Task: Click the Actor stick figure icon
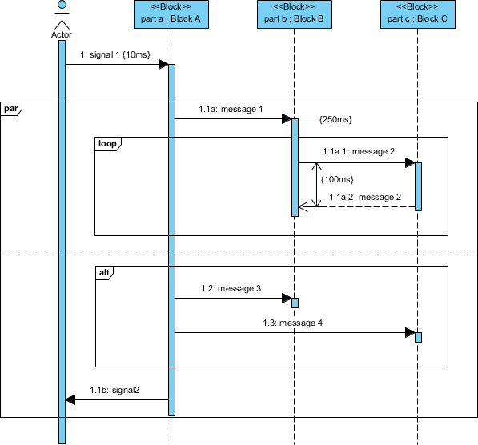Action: (61, 15)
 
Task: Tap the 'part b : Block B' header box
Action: (294, 14)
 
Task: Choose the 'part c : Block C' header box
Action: (417, 14)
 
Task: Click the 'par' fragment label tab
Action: (11, 108)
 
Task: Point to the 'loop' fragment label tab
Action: (106, 143)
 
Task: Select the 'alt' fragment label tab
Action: (104, 273)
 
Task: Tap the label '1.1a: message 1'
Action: (231, 109)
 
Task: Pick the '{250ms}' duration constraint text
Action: (335, 119)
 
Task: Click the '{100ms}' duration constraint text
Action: (337, 180)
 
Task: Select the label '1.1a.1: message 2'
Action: (359, 151)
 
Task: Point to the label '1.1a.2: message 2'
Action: (365, 197)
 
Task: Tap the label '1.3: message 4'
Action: (293, 323)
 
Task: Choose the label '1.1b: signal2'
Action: (114, 390)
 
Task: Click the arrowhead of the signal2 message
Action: (70, 399)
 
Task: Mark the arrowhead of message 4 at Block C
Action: (410, 332)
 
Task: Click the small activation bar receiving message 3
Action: (295, 303)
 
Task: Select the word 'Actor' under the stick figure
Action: (61, 35)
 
